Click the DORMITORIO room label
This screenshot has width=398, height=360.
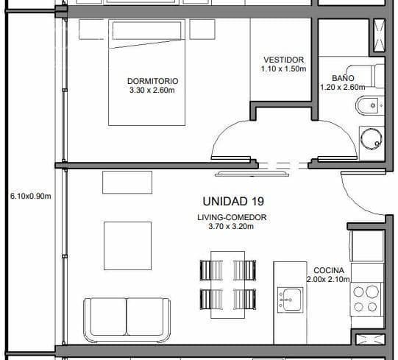click(x=152, y=81)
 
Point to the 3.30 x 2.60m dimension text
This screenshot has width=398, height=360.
click(x=152, y=91)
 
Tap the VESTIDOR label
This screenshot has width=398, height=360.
click(x=282, y=60)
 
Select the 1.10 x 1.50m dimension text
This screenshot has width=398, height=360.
click(x=282, y=69)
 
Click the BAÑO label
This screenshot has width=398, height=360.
click(x=343, y=77)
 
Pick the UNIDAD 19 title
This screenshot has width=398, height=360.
click(x=232, y=201)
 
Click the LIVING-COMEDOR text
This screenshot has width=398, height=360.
click(x=232, y=217)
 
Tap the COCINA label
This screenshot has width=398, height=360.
click(x=328, y=269)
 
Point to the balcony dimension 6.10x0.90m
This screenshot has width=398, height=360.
click(x=30, y=197)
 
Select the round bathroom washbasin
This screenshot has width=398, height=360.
click(x=372, y=137)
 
